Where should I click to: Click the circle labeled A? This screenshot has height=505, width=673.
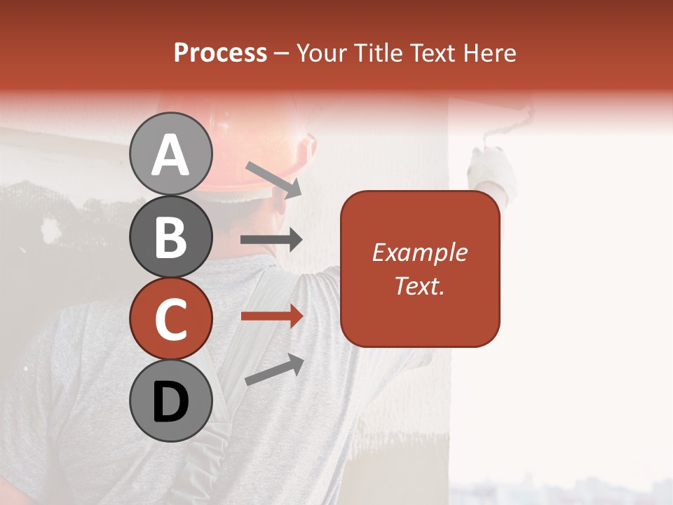tap(171, 154)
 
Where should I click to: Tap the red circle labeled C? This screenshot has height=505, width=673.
tap(171, 319)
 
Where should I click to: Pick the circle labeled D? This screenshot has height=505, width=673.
tap(171, 401)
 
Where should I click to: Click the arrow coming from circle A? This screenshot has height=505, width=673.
tap(273, 179)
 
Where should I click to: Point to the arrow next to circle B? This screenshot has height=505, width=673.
tap(271, 240)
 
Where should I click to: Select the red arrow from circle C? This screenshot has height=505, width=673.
tap(271, 316)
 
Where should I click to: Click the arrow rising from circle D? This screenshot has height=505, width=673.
tap(274, 369)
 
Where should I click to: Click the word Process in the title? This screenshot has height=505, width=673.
tap(220, 53)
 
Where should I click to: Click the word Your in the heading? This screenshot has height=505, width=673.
tap(323, 53)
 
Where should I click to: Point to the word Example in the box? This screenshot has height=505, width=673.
tap(419, 252)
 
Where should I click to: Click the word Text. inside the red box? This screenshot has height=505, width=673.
tap(419, 285)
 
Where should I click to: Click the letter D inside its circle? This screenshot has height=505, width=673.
tap(171, 403)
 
